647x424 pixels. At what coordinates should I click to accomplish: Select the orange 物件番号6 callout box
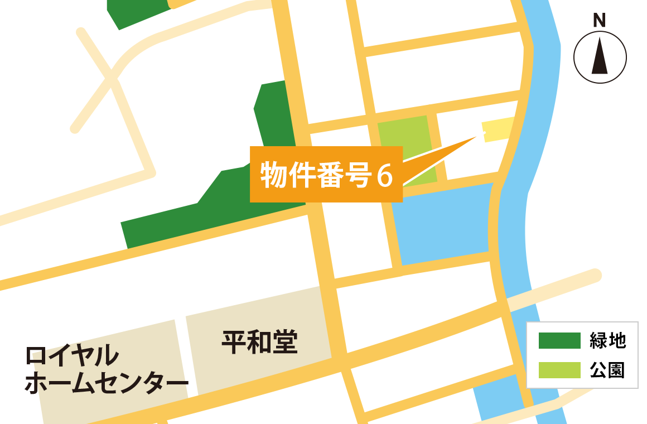326,174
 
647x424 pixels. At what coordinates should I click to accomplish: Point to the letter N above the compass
599,21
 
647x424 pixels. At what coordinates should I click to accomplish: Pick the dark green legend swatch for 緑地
559,341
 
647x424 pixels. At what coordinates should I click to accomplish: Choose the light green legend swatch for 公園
559,370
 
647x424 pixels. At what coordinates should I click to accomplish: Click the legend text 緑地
608,341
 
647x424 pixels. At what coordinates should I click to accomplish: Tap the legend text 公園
608,370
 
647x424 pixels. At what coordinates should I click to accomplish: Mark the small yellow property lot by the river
498,130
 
